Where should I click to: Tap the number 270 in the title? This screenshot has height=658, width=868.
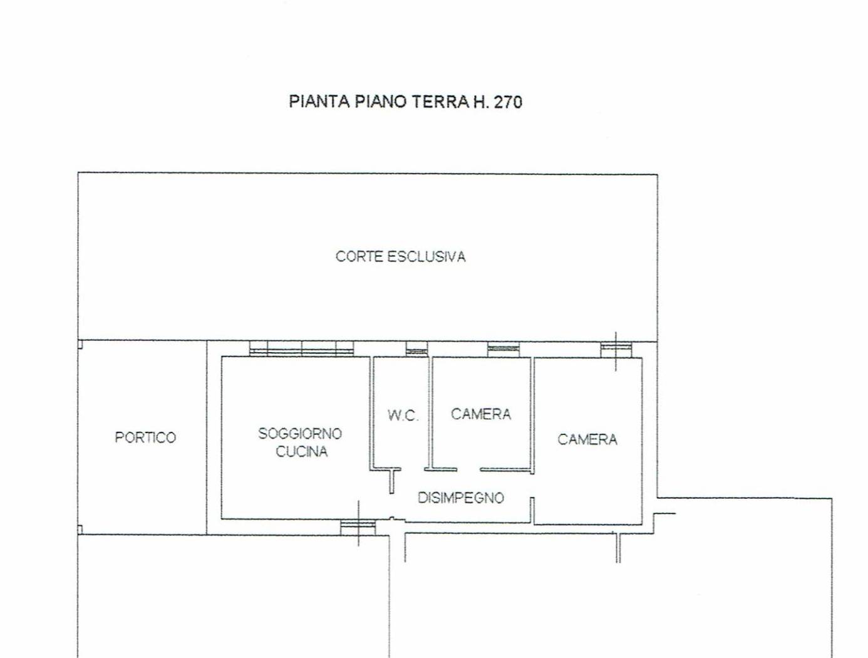(x=508, y=102)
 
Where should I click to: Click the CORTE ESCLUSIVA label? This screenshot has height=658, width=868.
(x=400, y=256)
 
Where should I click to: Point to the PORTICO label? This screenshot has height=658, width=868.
(x=145, y=437)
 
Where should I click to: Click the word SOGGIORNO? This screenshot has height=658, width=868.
(x=300, y=433)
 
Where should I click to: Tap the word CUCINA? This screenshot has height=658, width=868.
(x=301, y=451)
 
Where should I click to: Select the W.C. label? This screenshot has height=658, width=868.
(x=403, y=415)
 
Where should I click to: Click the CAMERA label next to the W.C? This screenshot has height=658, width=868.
(x=481, y=414)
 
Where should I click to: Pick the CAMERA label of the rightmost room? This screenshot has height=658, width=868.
(x=587, y=439)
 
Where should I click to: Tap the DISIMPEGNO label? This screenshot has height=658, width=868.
(x=461, y=498)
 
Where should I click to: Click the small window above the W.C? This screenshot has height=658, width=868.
(x=416, y=349)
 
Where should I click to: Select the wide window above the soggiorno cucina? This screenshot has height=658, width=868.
(x=301, y=349)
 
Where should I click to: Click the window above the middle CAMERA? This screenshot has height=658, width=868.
(x=504, y=349)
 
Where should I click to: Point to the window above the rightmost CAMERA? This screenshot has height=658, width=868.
(x=616, y=349)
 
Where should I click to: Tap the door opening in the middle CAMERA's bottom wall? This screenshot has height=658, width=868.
(x=468, y=469)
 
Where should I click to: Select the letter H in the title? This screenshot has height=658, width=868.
(x=480, y=102)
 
